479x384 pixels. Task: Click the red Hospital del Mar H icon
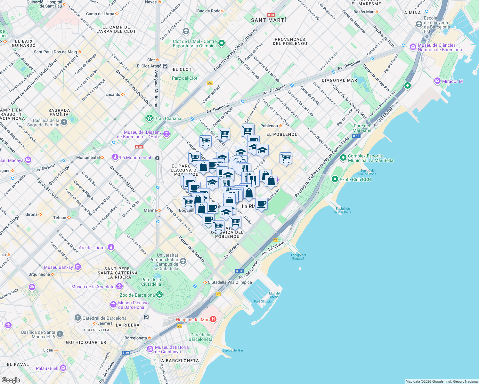(x=213, y=319)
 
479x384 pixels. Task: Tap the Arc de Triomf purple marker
(x=111, y=247)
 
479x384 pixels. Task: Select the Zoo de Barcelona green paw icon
(x=159, y=295)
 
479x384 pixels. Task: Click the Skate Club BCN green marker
(x=335, y=179)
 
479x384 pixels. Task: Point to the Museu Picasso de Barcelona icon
(x=113, y=305)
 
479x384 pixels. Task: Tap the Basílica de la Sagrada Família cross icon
(x=64, y=122)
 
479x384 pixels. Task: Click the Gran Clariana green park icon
(x=149, y=118)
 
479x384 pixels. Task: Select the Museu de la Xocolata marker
(x=119, y=286)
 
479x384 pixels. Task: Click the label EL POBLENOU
(x=282, y=134)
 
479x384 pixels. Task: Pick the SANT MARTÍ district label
(x=268, y=20)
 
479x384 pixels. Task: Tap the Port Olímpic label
(x=263, y=301)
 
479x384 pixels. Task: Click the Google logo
(x=11, y=380)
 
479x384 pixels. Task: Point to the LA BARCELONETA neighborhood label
(x=179, y=361)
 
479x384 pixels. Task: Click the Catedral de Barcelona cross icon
(x=78, y=318)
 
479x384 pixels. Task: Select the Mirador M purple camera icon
(x=437, y=81)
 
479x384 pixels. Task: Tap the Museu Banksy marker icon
(x=78, y=267)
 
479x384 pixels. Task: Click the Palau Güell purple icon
(x=63, y=368)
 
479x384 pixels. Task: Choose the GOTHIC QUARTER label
(x=86, y=342)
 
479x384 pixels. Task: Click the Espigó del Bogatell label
(x=298, y=257)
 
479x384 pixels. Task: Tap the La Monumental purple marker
(x=115, y=157)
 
